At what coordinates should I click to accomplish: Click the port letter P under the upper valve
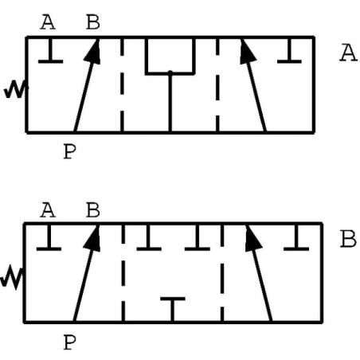[x=70, y=151]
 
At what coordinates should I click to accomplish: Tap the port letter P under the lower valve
[x=70, y=342]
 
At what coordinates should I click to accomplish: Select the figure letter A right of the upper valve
[x=348, y=53]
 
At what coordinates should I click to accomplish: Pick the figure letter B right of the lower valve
[x=348, y=239]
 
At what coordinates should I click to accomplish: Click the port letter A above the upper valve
[x=48, y=22]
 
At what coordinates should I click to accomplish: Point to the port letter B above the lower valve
[x=93, y=210]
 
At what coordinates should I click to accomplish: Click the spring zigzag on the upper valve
[x=16, y=89]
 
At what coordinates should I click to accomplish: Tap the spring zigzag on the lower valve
[x=12, y=277]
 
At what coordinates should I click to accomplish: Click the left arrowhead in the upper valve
[x=93, y=52]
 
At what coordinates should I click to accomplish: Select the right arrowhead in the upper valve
[x=247, y=52]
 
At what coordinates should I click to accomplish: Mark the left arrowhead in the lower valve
[x=93, y=238]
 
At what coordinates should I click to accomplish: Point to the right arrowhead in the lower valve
[x=252, y=238]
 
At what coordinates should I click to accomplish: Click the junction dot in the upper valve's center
[x=170, y=72]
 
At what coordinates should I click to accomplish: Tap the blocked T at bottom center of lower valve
[x=173, y=309]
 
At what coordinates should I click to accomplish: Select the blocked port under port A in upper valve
[x=51, y=51]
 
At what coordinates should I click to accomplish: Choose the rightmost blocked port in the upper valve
[x=289, y=51]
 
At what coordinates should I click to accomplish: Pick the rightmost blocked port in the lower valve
[x=296, y=237]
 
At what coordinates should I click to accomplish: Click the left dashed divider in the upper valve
[x=122, y=85]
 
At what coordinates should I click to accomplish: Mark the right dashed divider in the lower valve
[x=222, y=273]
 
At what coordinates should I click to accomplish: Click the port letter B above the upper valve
[x=93, y=22]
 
